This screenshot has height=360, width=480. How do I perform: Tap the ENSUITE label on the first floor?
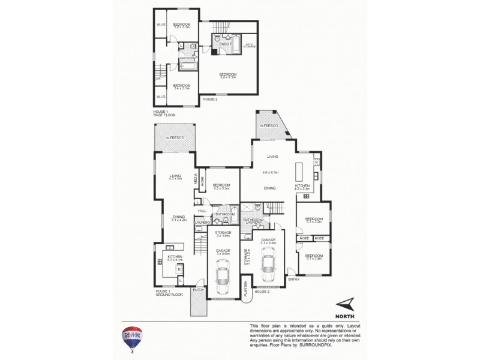click(226, 44)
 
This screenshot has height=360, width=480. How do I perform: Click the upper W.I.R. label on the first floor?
click(161, 25)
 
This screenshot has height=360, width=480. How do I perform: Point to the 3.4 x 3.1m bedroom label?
click(181, 86)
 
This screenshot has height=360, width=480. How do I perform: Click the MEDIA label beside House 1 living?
click(196, 178)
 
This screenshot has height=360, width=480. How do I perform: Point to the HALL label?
click(202, 211)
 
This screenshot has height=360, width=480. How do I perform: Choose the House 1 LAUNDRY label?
click(202, 223)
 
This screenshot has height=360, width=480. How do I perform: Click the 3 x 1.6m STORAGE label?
click(223, 234)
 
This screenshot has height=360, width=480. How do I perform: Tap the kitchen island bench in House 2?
click(298, 172)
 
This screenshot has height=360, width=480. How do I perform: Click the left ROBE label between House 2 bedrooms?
click(304, 238)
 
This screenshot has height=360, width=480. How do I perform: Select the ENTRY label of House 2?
click(293, 280)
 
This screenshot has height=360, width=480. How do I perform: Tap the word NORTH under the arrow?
click(344, 315)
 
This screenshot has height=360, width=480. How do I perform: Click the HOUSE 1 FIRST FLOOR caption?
click(164, 112)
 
